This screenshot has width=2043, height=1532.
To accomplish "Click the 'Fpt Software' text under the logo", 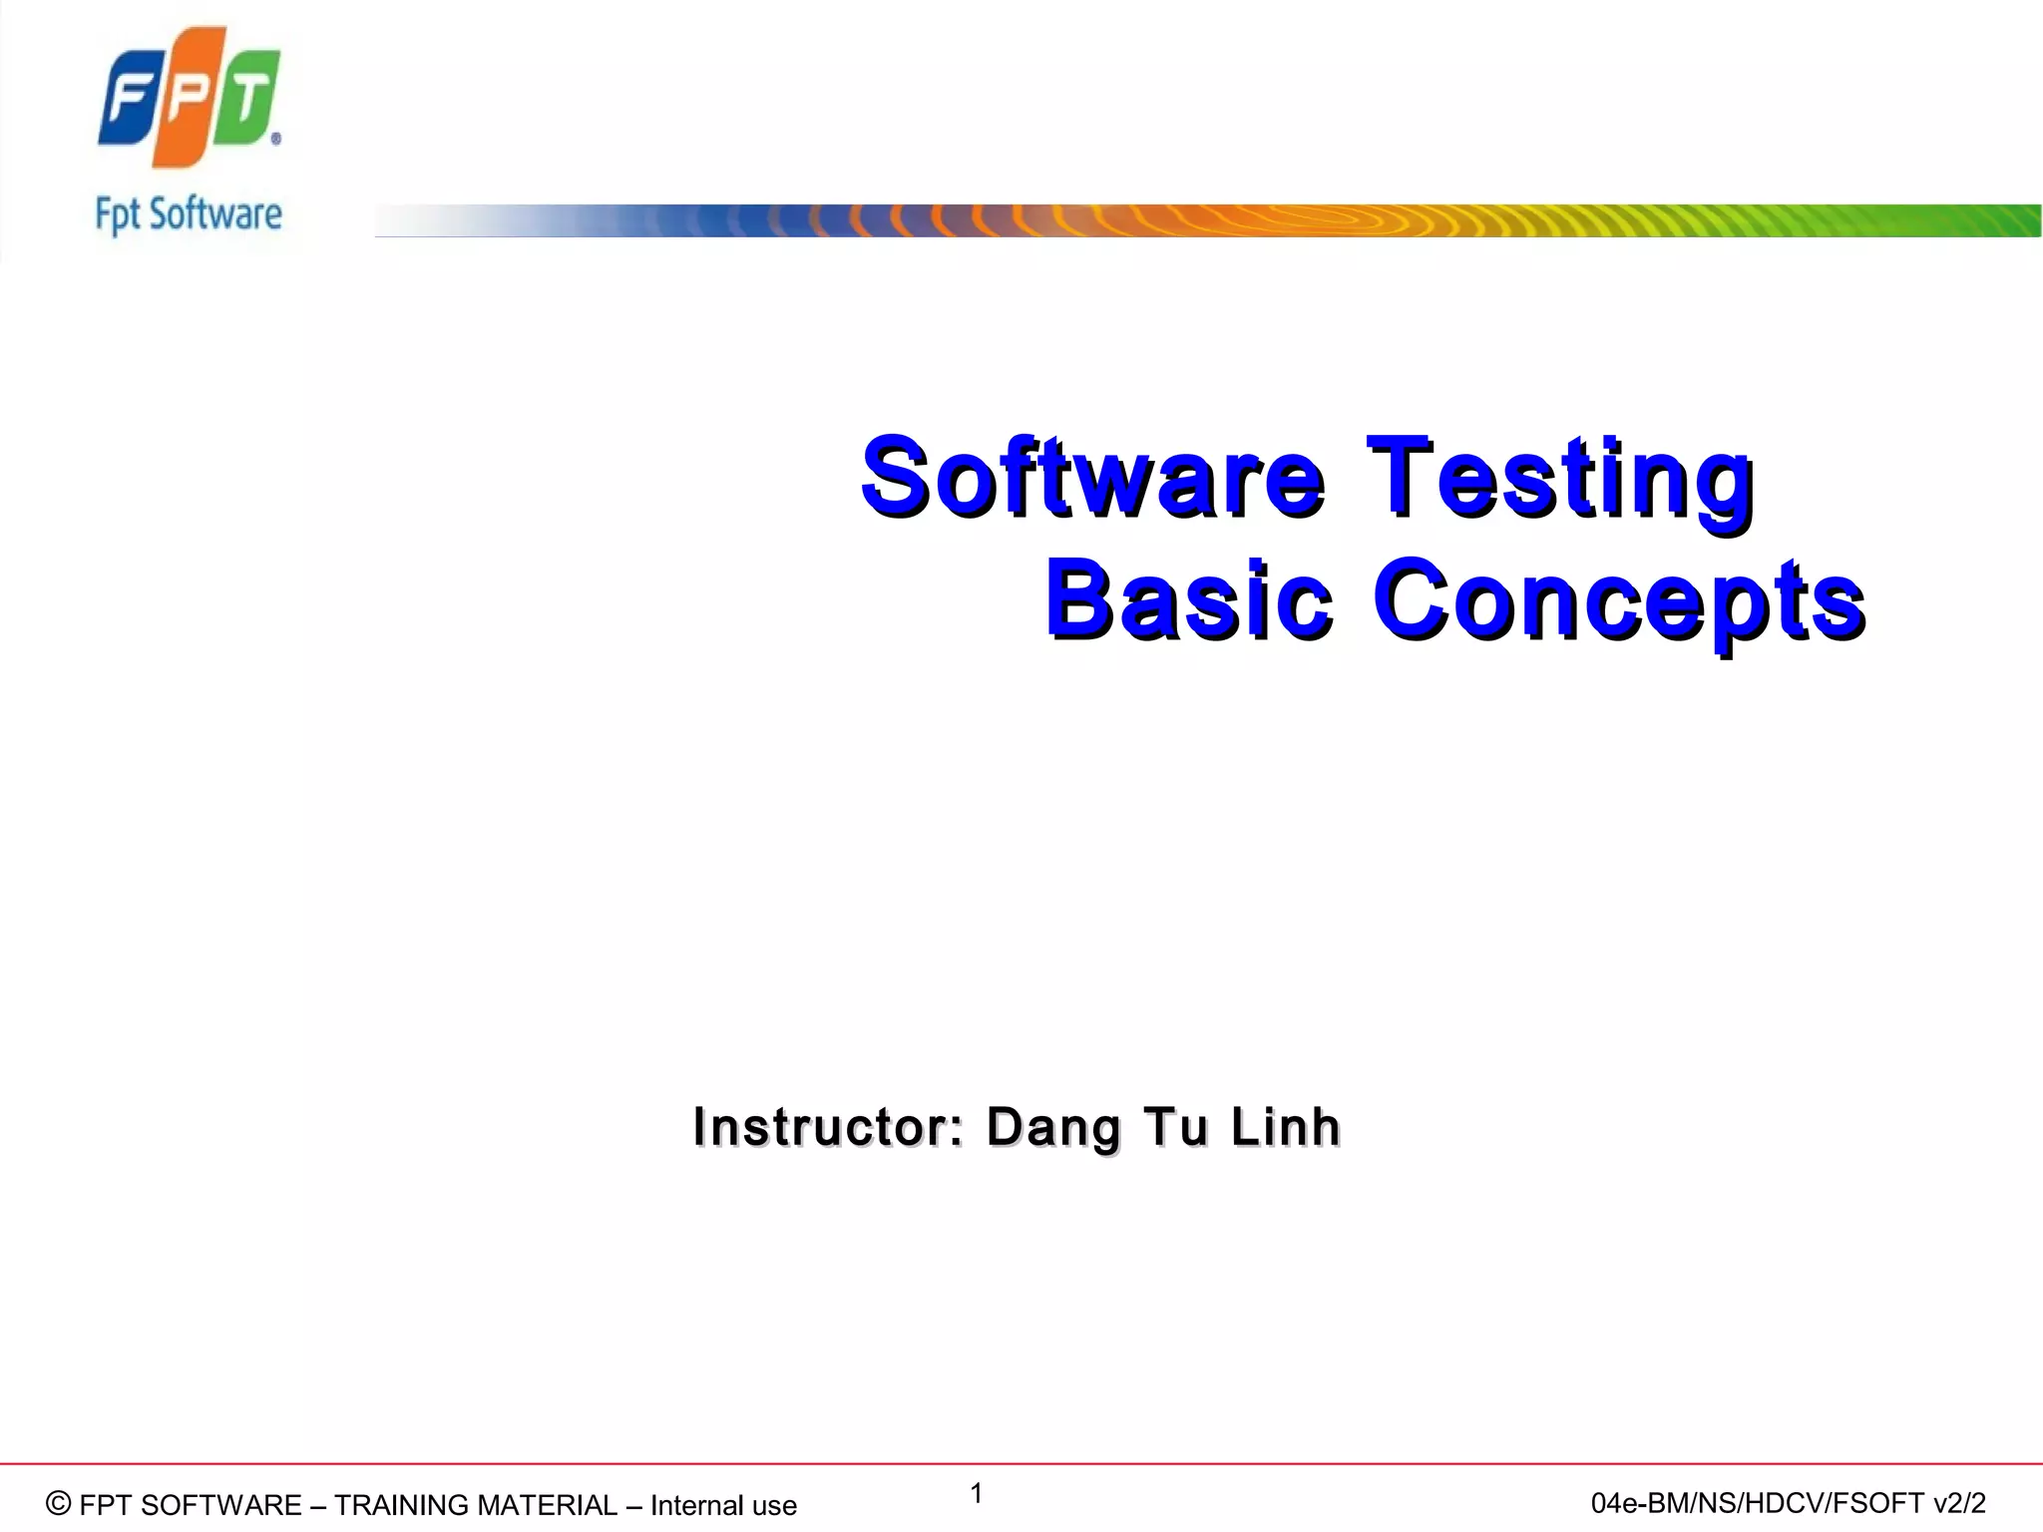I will (x=189, y=215).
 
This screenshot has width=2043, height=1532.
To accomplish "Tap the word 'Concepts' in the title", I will (x=1618, y=600).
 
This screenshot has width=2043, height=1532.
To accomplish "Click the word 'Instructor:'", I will (x=828, y=1127).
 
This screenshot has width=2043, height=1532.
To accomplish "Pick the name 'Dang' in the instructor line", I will (x=1053, y=1128).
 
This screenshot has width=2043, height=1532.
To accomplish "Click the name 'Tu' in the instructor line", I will (x=1176, y=1127).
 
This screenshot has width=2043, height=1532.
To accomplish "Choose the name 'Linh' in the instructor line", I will (x=1285, y=1127).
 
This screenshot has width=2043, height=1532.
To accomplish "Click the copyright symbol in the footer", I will (x=59, y=1503).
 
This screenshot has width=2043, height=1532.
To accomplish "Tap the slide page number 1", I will (x=977, y=1493).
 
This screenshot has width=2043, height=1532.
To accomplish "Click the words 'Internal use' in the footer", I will (x=723, y=1505).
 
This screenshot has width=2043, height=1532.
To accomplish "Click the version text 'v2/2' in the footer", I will (x=1959, y=1503).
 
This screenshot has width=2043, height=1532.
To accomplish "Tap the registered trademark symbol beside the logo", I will (x=276, y=140).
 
